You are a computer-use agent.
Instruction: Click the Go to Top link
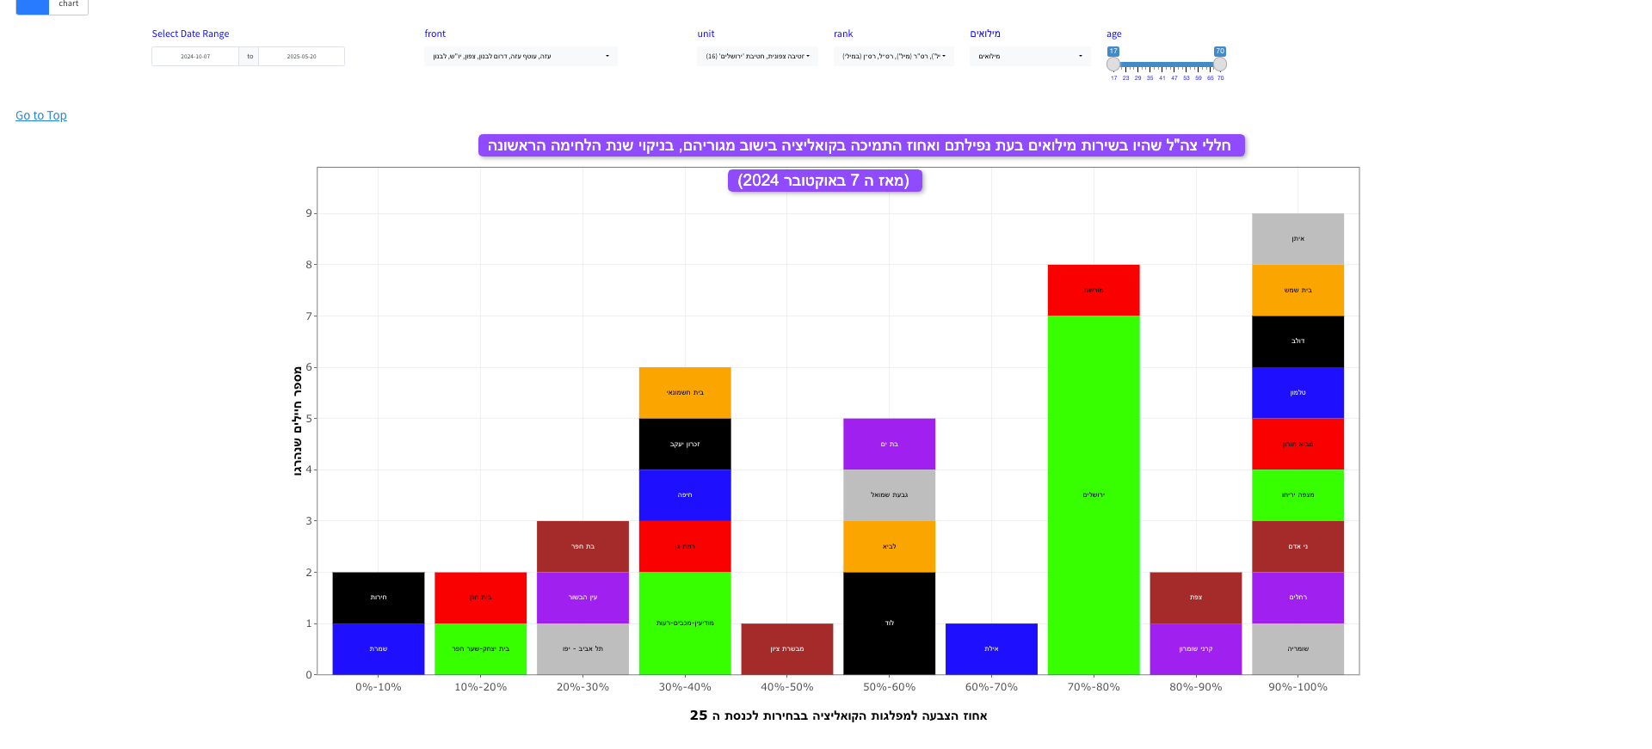(40, 115)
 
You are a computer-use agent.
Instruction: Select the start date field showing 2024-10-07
(195, 57)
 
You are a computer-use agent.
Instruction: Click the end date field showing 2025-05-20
(301, 57)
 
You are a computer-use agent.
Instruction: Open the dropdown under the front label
(521, 57)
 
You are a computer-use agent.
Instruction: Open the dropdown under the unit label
(757, 57)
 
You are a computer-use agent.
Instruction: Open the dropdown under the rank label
(893, 57)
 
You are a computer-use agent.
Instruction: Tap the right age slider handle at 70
(1219, 64)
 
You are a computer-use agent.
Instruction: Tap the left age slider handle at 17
(1113, 64)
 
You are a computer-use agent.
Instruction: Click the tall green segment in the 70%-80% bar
(1094, 494)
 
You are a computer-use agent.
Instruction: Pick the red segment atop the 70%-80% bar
(1094, 290)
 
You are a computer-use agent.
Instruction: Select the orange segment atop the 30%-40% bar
(685, 392)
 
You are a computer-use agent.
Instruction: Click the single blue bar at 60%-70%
(991, 648)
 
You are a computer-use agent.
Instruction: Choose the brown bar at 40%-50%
(787, 648)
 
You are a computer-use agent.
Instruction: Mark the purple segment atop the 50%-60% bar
(889, 444)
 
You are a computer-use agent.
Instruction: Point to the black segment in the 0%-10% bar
(379, 597)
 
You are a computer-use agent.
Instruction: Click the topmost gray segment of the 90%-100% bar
(1298, 238)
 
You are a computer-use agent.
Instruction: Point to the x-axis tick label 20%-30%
(583, 687)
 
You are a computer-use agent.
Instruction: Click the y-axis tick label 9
(309, 213)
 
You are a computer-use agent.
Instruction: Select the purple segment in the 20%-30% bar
(583, 597)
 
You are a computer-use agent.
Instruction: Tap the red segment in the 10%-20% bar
(480, 597)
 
